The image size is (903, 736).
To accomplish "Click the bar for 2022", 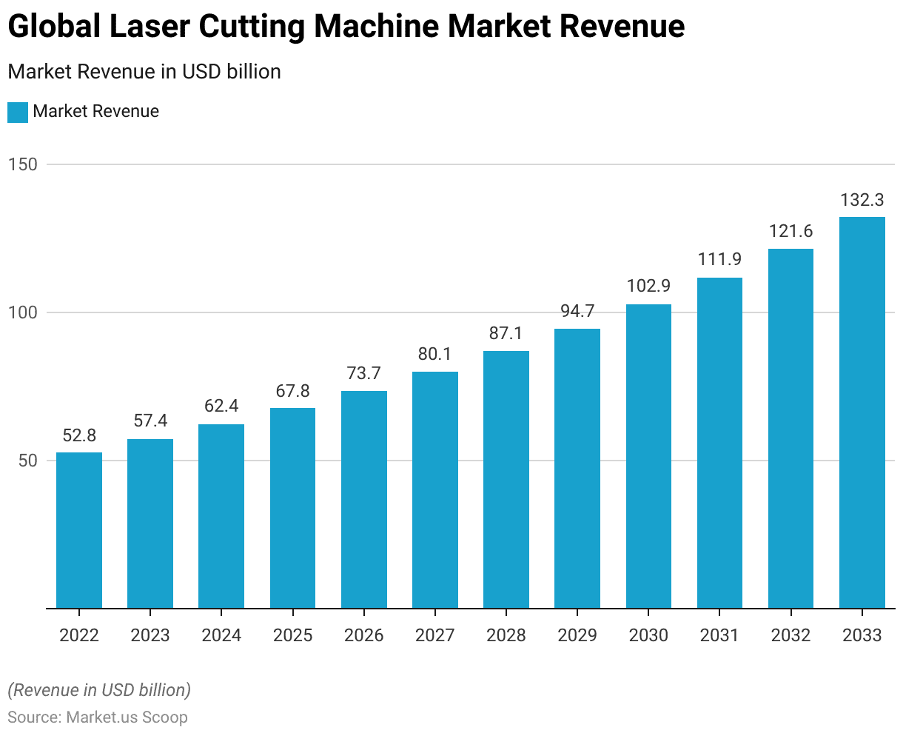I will [79, 530].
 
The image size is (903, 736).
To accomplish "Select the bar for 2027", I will [435, 489].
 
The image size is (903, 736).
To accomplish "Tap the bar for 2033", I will [862, 412].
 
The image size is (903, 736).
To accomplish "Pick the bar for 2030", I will [648, 456].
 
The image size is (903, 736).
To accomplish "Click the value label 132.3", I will [862, 200].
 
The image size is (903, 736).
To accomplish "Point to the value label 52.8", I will [79, 435].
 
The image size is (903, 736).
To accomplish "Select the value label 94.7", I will [577, 311].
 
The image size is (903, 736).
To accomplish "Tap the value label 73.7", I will [363, 373].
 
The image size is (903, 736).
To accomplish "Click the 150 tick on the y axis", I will [23, 164].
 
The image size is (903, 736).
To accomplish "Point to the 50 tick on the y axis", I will [27, 461].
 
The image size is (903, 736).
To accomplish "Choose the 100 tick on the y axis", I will [23, 312].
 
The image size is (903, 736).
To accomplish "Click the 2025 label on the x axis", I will [292, 635].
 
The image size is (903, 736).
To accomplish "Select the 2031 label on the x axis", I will [719, 635].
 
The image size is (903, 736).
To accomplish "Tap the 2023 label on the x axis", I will [150, 635].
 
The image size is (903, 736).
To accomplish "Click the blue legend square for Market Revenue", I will [18, 113].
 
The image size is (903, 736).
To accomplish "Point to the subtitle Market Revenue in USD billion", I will [144, 72].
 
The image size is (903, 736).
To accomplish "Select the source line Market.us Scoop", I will [98, 717].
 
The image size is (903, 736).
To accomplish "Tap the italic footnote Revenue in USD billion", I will [99, 690].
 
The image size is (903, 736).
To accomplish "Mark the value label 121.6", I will [790, 231].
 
